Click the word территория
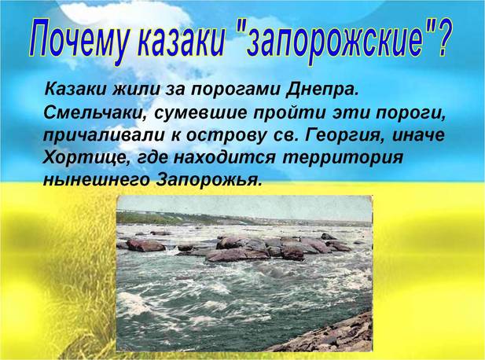click(x=343, y=158)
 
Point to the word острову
click(x=226, y=136)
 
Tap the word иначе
click(x=419, y=136)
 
